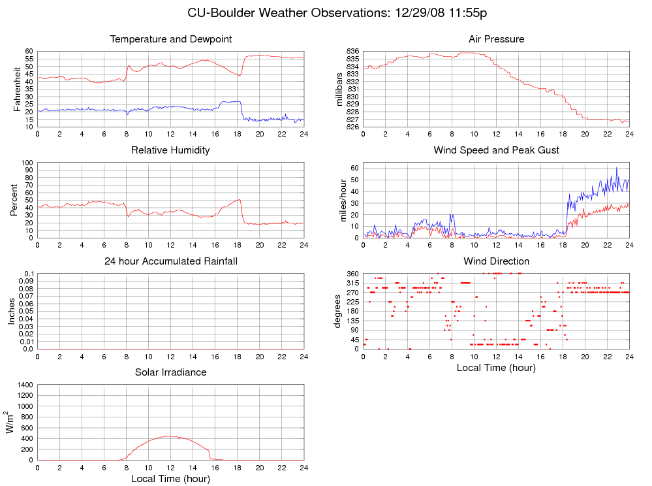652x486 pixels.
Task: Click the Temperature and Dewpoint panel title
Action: point(171,39)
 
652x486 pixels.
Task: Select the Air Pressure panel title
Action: point(496,39)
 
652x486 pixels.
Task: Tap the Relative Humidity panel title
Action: point(171,150)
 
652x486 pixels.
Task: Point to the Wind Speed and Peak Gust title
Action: point(496,150)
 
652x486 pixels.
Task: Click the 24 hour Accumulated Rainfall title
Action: point(171,261)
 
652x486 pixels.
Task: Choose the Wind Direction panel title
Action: point(496,261)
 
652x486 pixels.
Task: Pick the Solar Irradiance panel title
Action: point(171,372)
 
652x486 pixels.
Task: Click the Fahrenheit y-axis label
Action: point(18,89)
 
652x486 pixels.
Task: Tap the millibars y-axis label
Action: point(339,89)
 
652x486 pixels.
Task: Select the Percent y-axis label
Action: point(13,200)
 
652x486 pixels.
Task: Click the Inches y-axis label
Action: point(11,311)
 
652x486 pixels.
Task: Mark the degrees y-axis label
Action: point(337,311)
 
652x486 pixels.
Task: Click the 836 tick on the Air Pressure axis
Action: point(352,51)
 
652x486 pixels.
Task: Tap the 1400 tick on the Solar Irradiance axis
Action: point(24,385)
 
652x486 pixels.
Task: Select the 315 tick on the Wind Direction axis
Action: point(352,283)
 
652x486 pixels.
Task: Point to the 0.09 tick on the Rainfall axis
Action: point(24,281)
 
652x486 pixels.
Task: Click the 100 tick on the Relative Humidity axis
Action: point(27,163)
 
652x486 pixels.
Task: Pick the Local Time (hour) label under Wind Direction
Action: point(496,368)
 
